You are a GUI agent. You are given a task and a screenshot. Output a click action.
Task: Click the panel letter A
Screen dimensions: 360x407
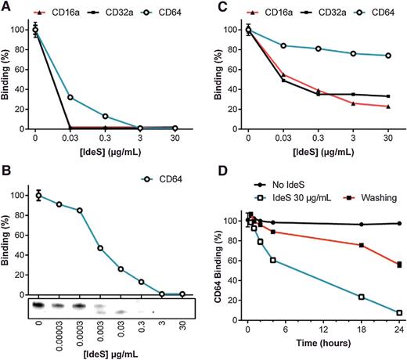(x=6, y=7)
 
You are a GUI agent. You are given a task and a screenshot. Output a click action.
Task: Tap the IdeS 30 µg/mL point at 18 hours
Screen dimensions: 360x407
(x=362, y=297)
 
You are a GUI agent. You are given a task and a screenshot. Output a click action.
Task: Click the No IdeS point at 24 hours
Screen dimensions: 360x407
(x=399, y=224)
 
